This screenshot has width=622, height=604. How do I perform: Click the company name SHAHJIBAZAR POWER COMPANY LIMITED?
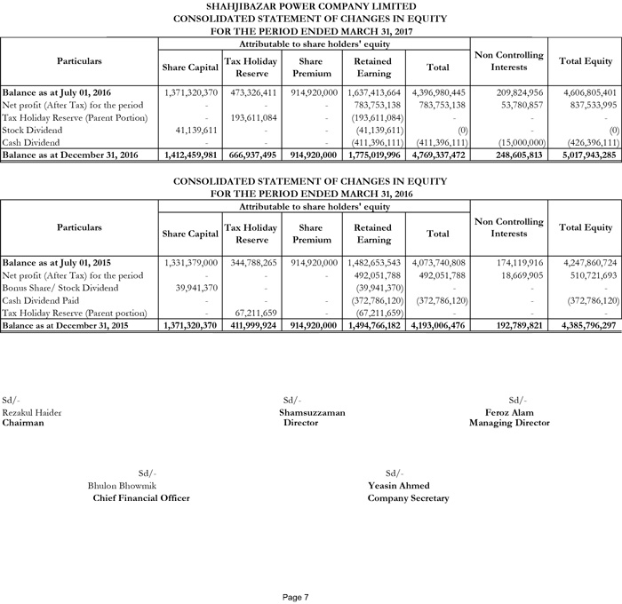coord(310,6)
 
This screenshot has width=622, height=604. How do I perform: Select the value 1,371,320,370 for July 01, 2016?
coord(191,91)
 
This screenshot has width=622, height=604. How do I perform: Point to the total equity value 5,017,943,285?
coord(586,155)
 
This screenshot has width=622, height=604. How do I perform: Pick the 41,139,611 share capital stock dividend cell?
coord(191,129)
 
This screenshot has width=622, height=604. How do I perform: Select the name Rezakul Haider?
coord(32,413)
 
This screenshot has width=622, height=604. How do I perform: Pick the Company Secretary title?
coord(408,498)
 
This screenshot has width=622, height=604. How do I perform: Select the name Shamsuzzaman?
coord(312,413)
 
